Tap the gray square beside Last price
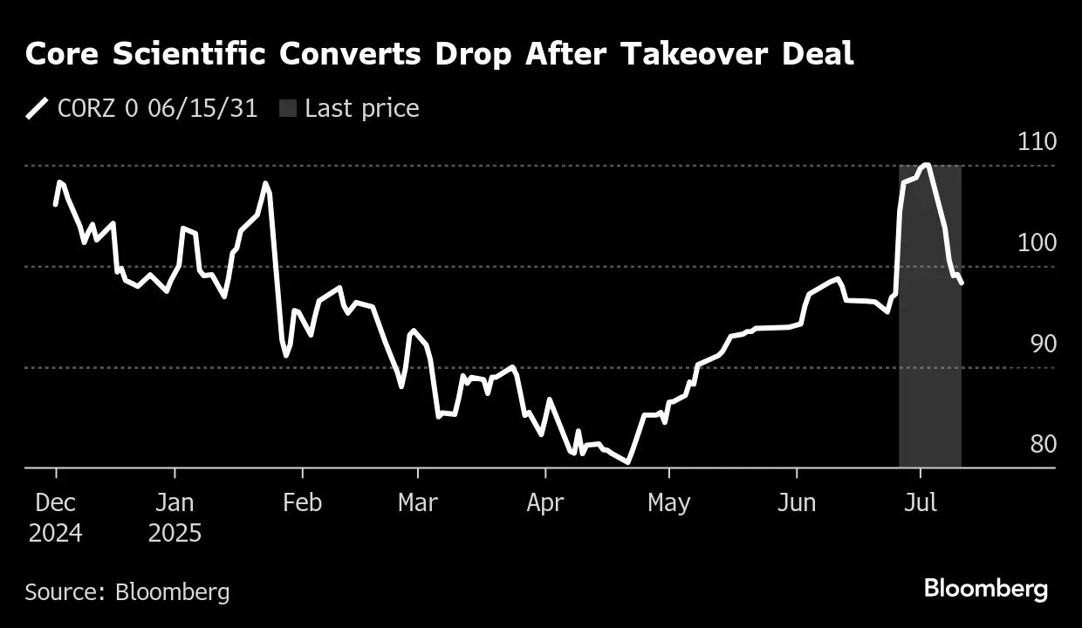(288, 109)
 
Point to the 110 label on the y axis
(1037, 142)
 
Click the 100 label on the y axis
(1037, 243)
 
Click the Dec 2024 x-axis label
(56, 518)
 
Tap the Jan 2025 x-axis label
(175, 518)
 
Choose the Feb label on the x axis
(302, 503)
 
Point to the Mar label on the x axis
(418, 503)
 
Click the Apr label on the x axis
(545, 503)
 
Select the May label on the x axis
(668, 503)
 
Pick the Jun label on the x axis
(796, 503)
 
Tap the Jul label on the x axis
(920, 503)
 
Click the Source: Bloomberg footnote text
(127, 592)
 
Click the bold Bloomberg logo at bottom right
(986, 589)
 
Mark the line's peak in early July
(926, 165)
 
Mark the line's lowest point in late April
(628, 462)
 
